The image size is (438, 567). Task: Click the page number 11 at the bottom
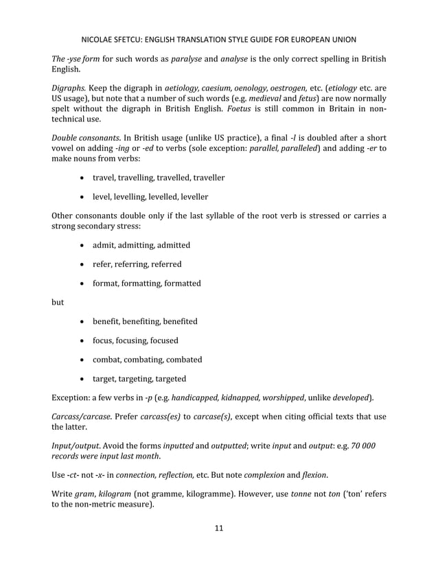[218, 528]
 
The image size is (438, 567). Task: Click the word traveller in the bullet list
[205, 178]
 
